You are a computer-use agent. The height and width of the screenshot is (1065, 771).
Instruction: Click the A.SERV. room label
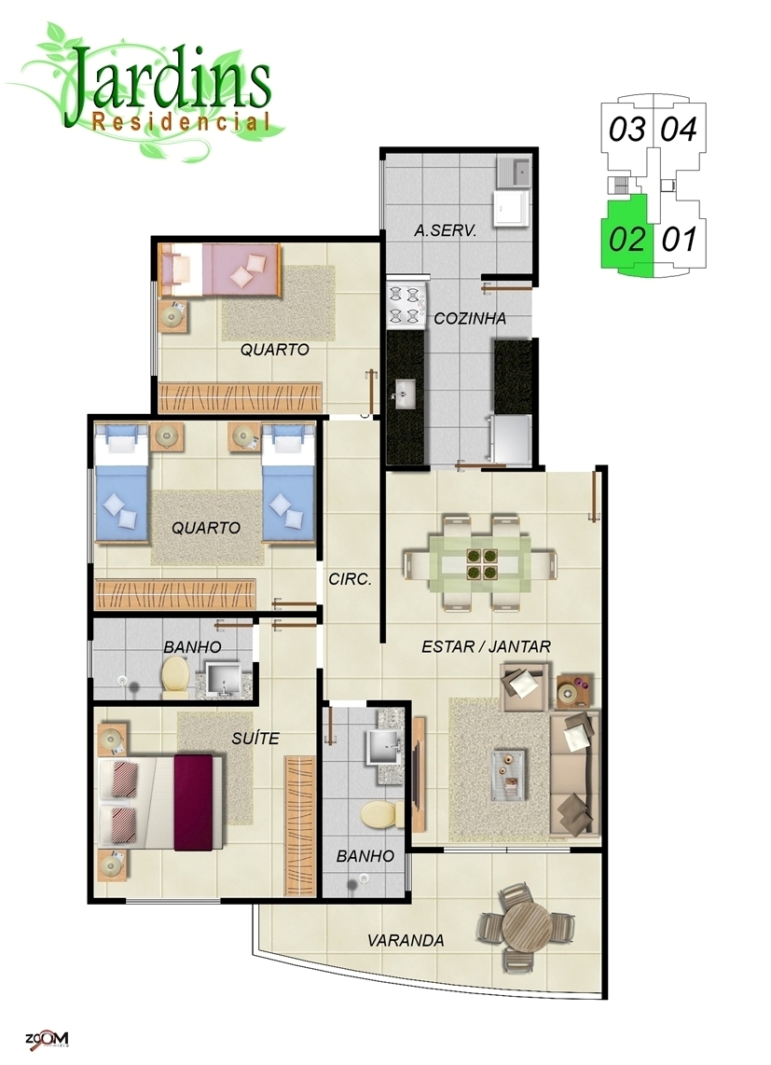point(445,230)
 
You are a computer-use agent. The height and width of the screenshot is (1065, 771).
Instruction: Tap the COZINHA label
point(470,318)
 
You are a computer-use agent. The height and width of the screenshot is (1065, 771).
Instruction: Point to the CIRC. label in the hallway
point(350,579)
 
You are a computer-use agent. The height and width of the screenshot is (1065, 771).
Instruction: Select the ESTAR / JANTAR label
point(486,646)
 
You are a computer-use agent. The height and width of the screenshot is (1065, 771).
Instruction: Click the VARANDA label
point(406,940)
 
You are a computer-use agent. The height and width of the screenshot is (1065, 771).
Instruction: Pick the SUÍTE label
point(255,738)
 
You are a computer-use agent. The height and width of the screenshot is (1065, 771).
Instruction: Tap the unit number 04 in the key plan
point(680,129)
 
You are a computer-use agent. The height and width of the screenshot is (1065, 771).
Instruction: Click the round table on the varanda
point(527,924)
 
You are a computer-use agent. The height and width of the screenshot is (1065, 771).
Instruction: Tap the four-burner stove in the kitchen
point(406,305)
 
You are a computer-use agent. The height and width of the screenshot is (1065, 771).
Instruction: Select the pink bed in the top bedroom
point(220,270)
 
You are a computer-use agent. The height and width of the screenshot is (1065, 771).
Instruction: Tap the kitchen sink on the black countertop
point(406,394)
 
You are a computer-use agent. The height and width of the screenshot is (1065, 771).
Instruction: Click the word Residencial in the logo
point(181,121)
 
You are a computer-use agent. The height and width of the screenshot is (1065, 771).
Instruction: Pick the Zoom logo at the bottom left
point(47,1039)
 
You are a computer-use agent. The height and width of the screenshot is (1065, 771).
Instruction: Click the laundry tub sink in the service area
point(513,173)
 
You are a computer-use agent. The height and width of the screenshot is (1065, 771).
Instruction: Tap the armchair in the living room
point(525,686)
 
